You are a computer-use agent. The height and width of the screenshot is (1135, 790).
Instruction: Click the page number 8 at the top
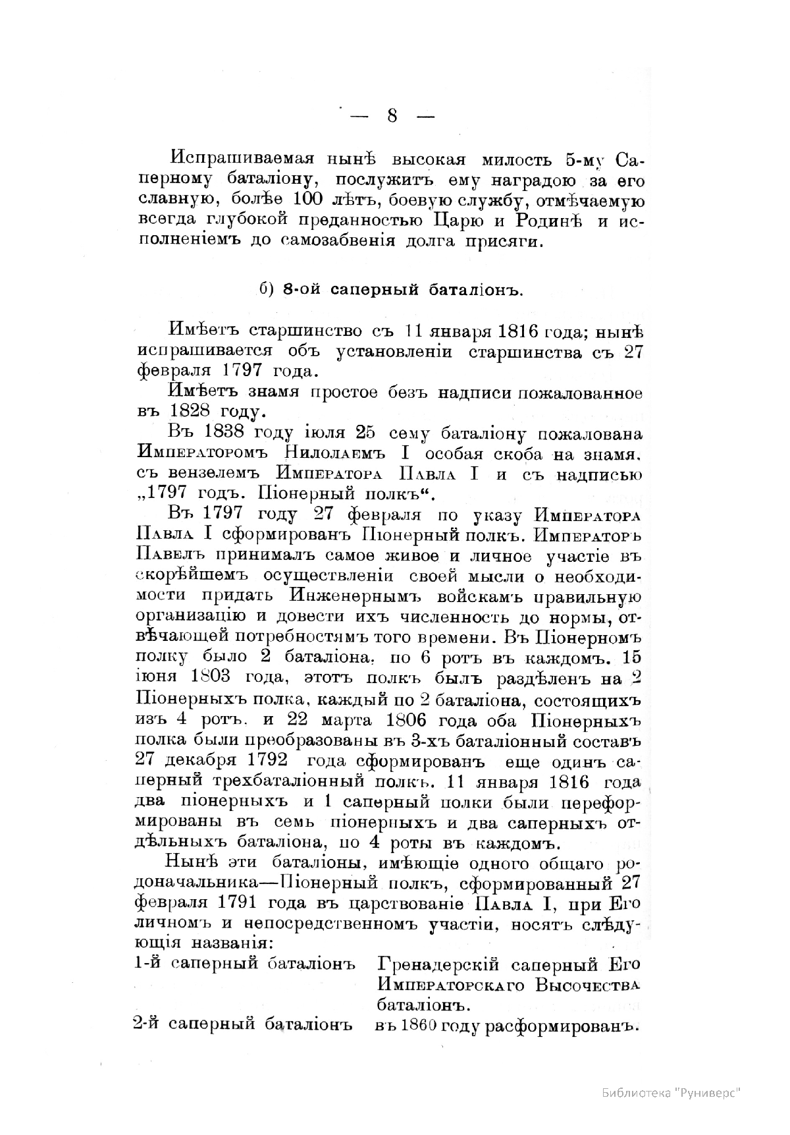pyautogui.click(x=392, y=116)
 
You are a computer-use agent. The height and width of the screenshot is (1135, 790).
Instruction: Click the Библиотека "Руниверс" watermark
pyautogui.click(x=671, y=1093)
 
